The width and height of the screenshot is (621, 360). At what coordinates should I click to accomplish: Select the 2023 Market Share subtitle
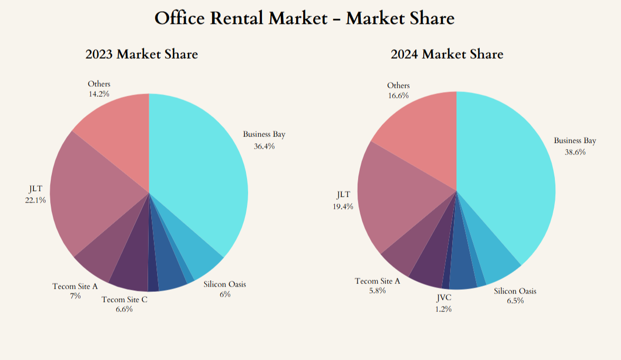click(142, 54)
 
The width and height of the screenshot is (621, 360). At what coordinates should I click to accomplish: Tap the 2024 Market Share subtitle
click(447, 54)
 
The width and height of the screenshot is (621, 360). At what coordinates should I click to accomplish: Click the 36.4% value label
click(264, 146)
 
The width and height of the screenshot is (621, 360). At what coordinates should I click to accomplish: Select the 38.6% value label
click(575, 152)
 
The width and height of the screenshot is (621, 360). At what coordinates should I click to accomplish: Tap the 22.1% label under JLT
click(35, 200)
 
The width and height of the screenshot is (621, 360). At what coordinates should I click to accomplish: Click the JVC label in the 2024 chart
click(443, 300)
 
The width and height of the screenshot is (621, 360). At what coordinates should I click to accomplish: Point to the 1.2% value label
click(443, 309)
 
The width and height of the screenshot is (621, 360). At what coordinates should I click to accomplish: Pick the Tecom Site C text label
click(124, 300)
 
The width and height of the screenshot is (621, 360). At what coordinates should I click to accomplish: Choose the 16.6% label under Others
click(398, 95)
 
